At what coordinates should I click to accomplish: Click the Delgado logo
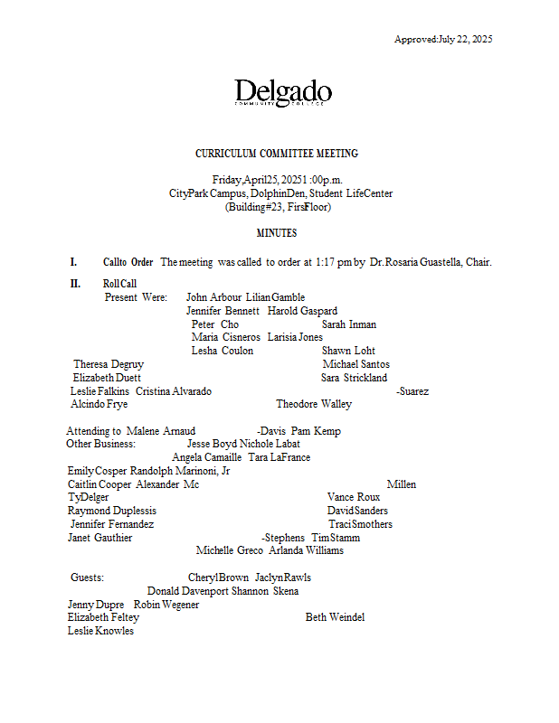click(282, 94)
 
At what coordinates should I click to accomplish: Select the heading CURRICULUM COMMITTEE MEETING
click(277, 154)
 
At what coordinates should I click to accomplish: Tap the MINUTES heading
click(276, 233)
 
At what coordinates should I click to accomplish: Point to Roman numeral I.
click(74, 262)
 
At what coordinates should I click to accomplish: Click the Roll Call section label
click(120, 284)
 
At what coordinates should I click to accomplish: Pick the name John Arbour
click(213, 297)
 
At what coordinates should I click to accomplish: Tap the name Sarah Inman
click(349, 324)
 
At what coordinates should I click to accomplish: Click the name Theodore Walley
click(314, 404)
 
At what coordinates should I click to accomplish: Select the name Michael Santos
click(356, 364)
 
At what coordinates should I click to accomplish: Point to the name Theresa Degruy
click(109, 364)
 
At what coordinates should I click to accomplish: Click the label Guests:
click(88, 577)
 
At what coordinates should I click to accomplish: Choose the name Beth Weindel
click(335, 617)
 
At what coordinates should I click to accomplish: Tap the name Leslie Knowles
click(100, 631)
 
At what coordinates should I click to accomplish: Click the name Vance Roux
click(354, 497)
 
